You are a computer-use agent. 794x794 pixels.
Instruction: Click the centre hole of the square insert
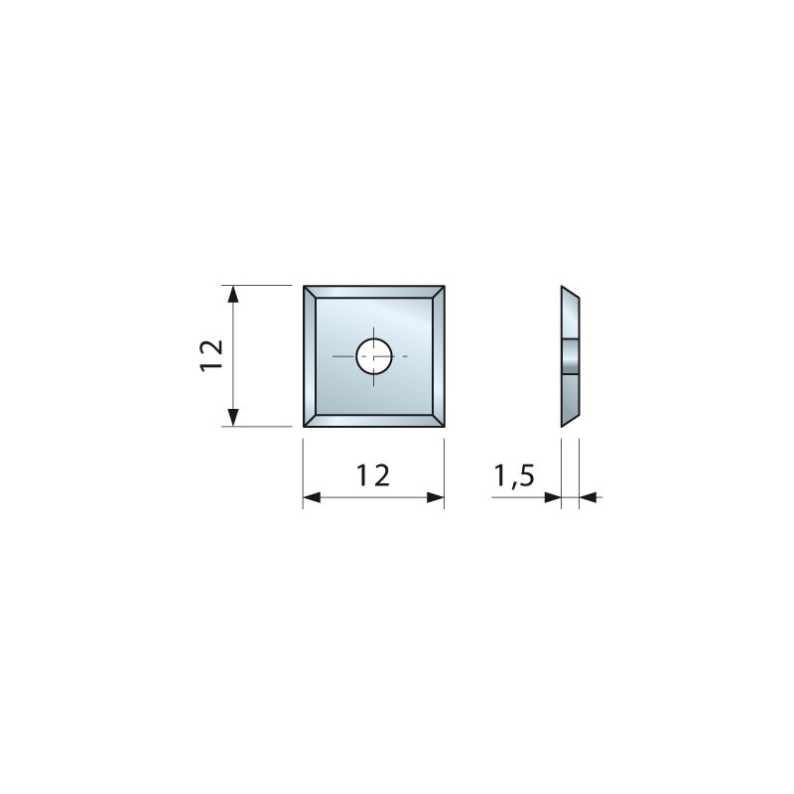(374, 354)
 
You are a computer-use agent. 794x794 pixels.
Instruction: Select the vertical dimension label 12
(211, 354)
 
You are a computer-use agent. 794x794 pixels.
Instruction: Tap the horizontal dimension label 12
(373, 475)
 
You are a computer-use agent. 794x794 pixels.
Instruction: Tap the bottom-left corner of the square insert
(305, 425)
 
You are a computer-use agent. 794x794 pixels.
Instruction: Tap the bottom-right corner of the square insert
(443, 425)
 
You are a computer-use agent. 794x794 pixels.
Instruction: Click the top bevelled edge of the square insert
(374, 291)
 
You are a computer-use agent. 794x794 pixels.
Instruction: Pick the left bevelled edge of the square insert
(309, 355)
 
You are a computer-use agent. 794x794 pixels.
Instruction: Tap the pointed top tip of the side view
(563, 288)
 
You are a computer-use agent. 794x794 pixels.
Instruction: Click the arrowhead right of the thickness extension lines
(587, 497)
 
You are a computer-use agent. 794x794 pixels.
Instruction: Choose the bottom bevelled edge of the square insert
(374, 421)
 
